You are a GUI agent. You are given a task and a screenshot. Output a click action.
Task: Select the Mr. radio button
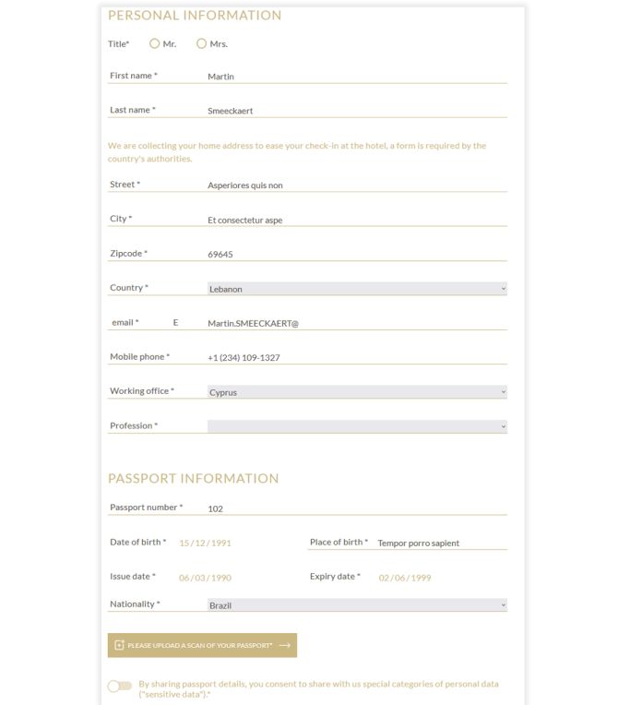tap(155, 43)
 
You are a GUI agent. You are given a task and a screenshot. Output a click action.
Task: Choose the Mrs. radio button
tap(202, 43)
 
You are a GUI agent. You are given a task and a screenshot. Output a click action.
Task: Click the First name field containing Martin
tap(356, 77)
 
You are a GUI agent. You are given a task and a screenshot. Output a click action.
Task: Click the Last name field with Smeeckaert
tap(356, 111)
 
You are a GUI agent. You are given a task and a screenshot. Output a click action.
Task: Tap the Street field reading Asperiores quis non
tap(356, 185)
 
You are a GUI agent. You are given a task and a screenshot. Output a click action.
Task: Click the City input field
tap(356, 221)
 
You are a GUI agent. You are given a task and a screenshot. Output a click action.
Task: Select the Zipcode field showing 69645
tap(356, 255)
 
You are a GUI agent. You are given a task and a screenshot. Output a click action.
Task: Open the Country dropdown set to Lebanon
tap(357, 289)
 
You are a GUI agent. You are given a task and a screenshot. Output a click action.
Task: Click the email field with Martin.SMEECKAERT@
tap(356, 324)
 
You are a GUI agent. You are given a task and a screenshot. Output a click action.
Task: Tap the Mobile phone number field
tap(356, 358)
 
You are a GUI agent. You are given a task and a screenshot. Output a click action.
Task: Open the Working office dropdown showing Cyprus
tap(357, 392)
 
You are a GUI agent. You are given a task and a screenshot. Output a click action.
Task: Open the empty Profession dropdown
tap(357, 426)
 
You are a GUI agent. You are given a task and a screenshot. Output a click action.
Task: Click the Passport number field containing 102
tap(356, 508)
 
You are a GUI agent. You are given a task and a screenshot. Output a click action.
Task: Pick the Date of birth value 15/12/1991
tap(206, 544)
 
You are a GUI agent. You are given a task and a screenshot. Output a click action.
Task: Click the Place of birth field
tap(441, 544)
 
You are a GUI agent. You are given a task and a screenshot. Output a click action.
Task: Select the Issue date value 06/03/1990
tap(206, 579)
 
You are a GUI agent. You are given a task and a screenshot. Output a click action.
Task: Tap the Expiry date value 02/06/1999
tap(405, 579)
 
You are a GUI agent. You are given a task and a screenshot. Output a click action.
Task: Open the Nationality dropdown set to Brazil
tap(357, 605)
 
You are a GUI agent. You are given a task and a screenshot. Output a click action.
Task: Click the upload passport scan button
tap(202, 646)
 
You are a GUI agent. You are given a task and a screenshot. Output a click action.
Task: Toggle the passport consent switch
tap(119, 687)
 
